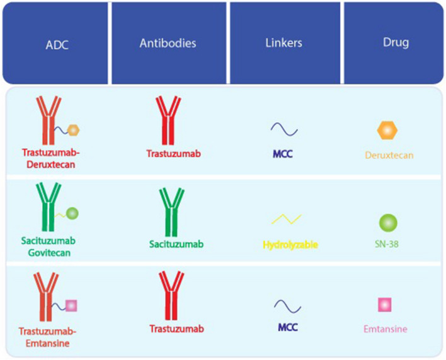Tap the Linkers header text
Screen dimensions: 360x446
tap(285, 44)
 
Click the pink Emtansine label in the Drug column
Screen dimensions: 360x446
tap(386, 328)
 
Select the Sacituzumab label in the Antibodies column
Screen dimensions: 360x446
tap(168, 243)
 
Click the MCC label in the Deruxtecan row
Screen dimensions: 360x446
tap(283, 153)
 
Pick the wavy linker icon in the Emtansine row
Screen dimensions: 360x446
tap(287, 306)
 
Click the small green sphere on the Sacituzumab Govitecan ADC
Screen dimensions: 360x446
tap(72, 214)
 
